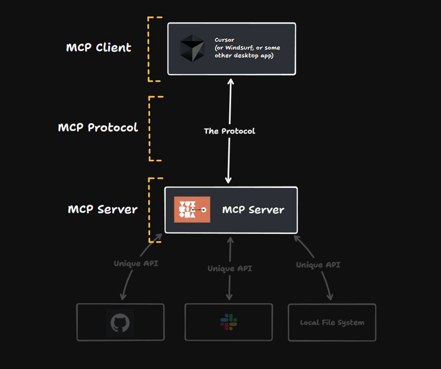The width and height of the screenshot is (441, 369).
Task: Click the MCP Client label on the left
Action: coord(99,47)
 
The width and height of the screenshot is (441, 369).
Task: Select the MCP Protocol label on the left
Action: coord(98,127)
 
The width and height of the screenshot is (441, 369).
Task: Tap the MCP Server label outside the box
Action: coord(102,210)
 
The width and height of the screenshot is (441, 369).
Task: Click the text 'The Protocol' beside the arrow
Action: coord(229,131)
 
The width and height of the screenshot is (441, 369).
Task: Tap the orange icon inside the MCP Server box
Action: coord(192,210)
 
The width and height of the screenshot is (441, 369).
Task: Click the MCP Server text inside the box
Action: coord(253,210)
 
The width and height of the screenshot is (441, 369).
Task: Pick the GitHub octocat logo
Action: coord(120,323)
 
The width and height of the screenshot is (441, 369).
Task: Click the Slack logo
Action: coord(228,322)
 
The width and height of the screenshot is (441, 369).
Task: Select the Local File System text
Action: coord(332,323)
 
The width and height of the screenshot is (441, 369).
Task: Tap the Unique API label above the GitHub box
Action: coord(136,264)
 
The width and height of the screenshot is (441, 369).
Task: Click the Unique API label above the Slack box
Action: coord(229,268)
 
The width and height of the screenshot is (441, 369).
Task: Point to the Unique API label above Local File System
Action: coord(318,265)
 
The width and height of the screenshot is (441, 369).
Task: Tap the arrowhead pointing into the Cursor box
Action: coord(230,81)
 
